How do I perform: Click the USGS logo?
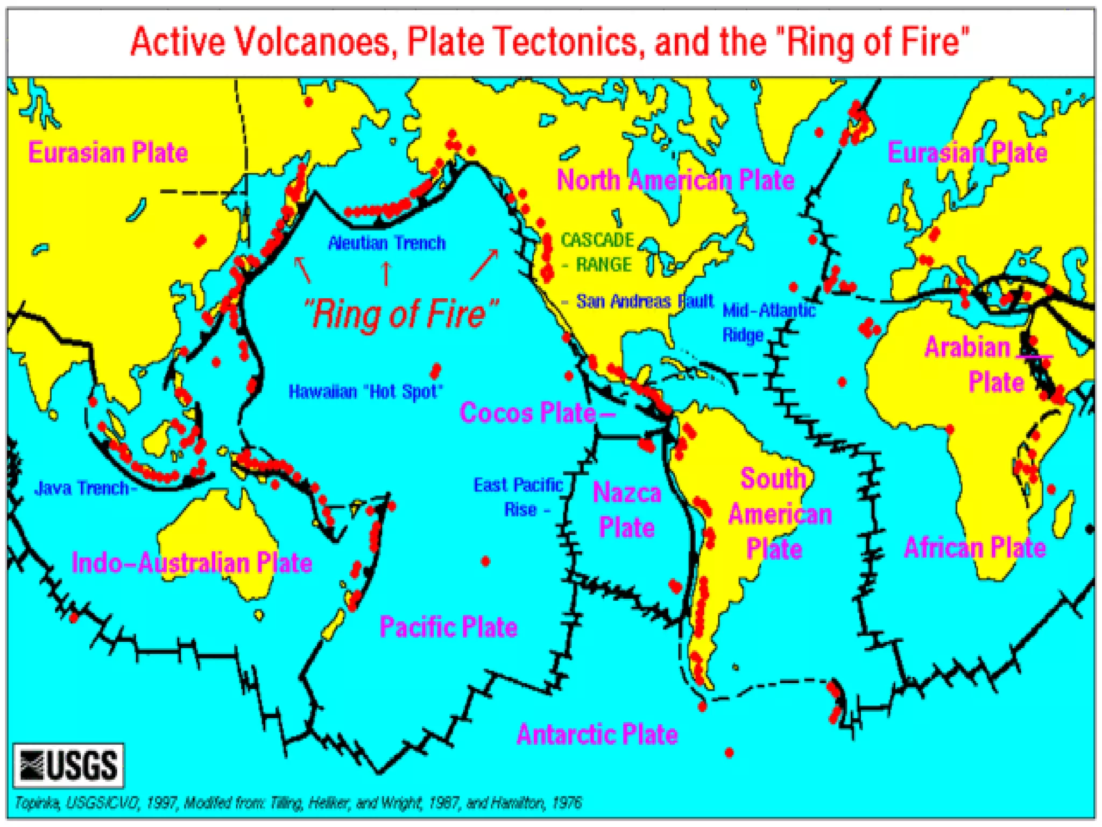point(68,765)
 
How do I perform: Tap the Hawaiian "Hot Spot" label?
point(365,391)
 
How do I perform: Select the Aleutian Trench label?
point(386,243)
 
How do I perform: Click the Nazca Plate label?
point(627,510)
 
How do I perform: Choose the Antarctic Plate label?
point(597,734)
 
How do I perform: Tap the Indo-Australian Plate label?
point(192,563)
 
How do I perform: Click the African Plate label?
point(974,548)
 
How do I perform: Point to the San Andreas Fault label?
point(644,302)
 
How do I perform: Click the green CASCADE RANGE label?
point(597,252)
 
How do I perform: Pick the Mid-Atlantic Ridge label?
point(768,322)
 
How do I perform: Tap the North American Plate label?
point(675,180)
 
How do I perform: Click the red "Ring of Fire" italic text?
point(401,314)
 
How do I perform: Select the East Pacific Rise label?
point(518,497)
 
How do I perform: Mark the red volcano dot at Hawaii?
point(435,370)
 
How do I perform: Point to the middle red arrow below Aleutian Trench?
point(386,273)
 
